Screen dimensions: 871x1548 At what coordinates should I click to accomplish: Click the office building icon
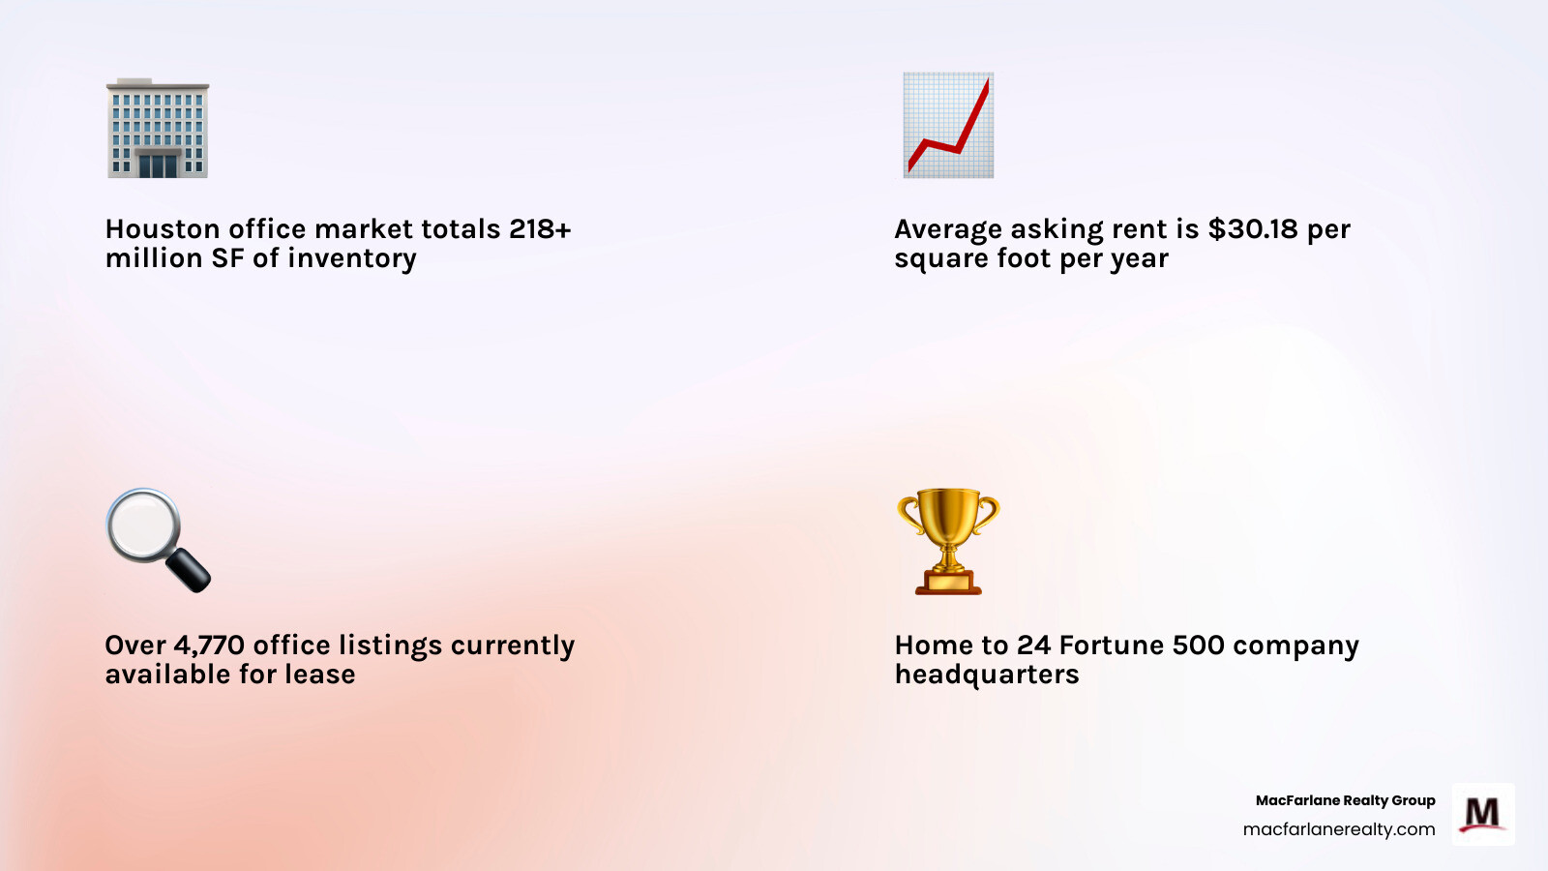(158, 129)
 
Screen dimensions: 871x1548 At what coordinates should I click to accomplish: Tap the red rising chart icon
(948, 126)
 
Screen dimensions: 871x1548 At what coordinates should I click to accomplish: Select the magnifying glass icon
(157, 539)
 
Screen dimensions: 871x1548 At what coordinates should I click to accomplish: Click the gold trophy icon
(948, 540)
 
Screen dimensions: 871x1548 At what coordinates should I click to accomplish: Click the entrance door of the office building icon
(158, 165)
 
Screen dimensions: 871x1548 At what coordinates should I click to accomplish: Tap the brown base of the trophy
(948, 582)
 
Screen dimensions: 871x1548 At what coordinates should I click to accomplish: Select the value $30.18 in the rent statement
(1253, 229)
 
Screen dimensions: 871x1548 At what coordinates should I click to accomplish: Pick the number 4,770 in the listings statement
(209, 646)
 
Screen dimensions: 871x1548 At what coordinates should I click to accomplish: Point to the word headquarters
(987, 675)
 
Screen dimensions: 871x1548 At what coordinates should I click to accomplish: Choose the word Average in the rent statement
(948, 229)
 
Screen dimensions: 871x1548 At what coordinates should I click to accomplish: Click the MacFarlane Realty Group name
(1345, 800)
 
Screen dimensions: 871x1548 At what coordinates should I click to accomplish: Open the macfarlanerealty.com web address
(1339, 829)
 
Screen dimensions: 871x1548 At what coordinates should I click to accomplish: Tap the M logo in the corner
(1482, 815)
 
